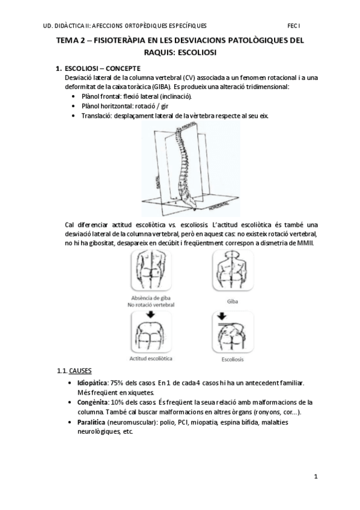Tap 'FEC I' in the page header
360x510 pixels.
(294, 26)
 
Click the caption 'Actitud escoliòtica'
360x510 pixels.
(151, 358)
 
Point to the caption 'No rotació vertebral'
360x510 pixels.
(151, 305)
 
